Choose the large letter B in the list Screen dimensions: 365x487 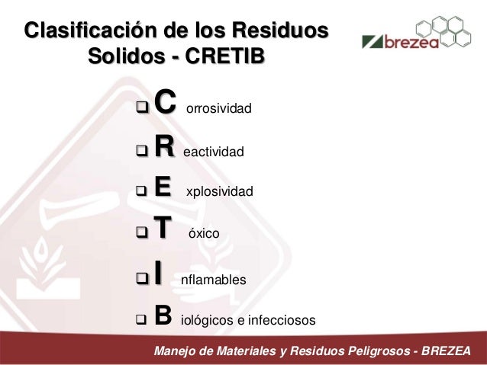coord(162,314)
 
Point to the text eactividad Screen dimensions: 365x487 coord(214,153)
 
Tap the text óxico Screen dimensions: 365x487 coord(204,237)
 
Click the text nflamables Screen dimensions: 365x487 coord(213,280)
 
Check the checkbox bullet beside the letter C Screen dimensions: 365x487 coord(140,103)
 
